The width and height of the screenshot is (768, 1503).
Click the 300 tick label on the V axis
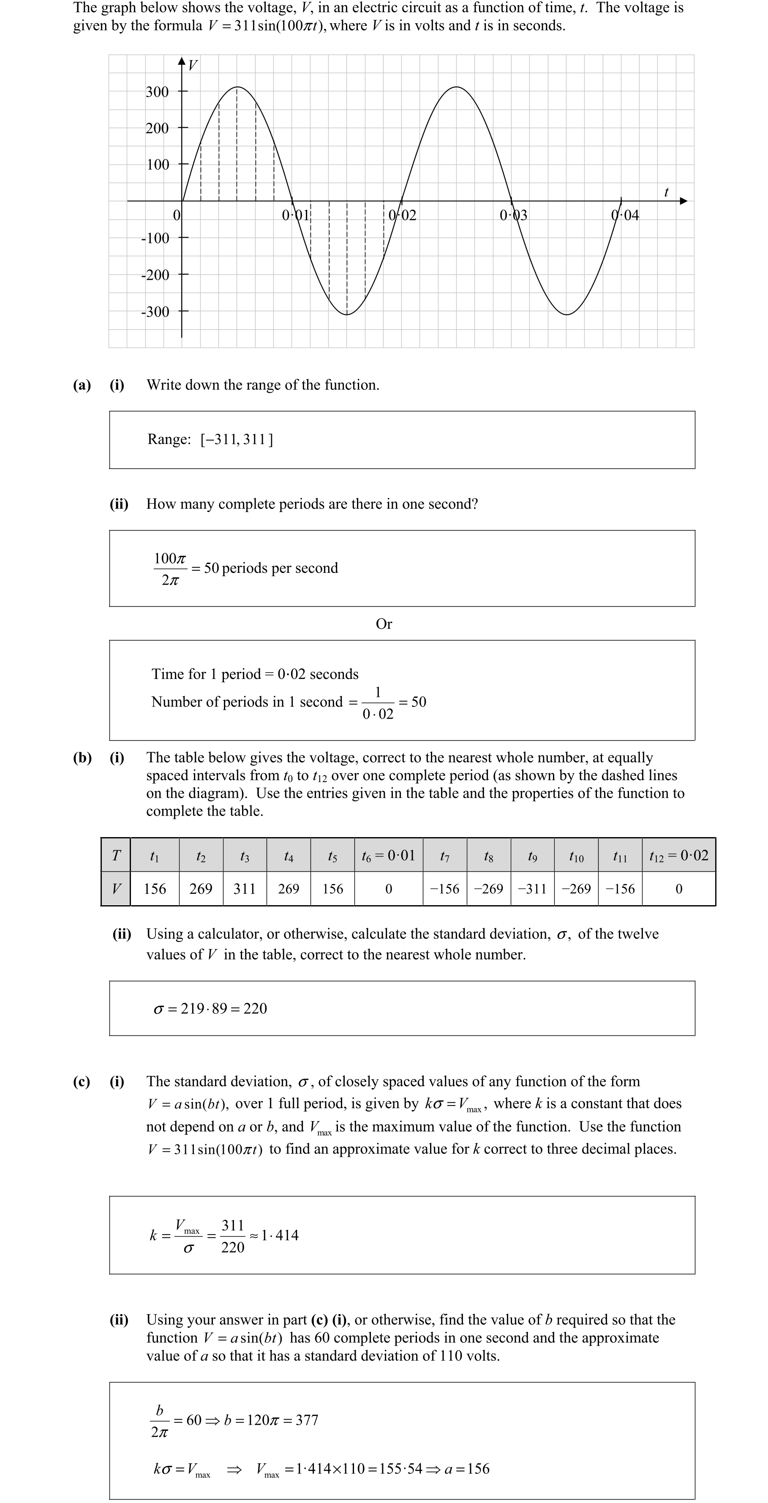157,92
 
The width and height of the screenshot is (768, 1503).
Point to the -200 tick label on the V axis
155,275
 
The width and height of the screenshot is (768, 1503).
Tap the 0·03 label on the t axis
513,215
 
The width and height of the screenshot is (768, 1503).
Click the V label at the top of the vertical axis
193,66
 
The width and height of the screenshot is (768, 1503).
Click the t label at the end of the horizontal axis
666,192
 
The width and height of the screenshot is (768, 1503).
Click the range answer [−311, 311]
237,439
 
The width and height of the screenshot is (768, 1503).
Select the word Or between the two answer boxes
384,624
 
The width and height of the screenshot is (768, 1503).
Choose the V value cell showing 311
244,889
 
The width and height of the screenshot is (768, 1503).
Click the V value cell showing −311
532,889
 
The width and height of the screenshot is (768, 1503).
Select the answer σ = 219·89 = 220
210,1008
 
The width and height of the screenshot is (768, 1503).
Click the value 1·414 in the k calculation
280,1235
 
